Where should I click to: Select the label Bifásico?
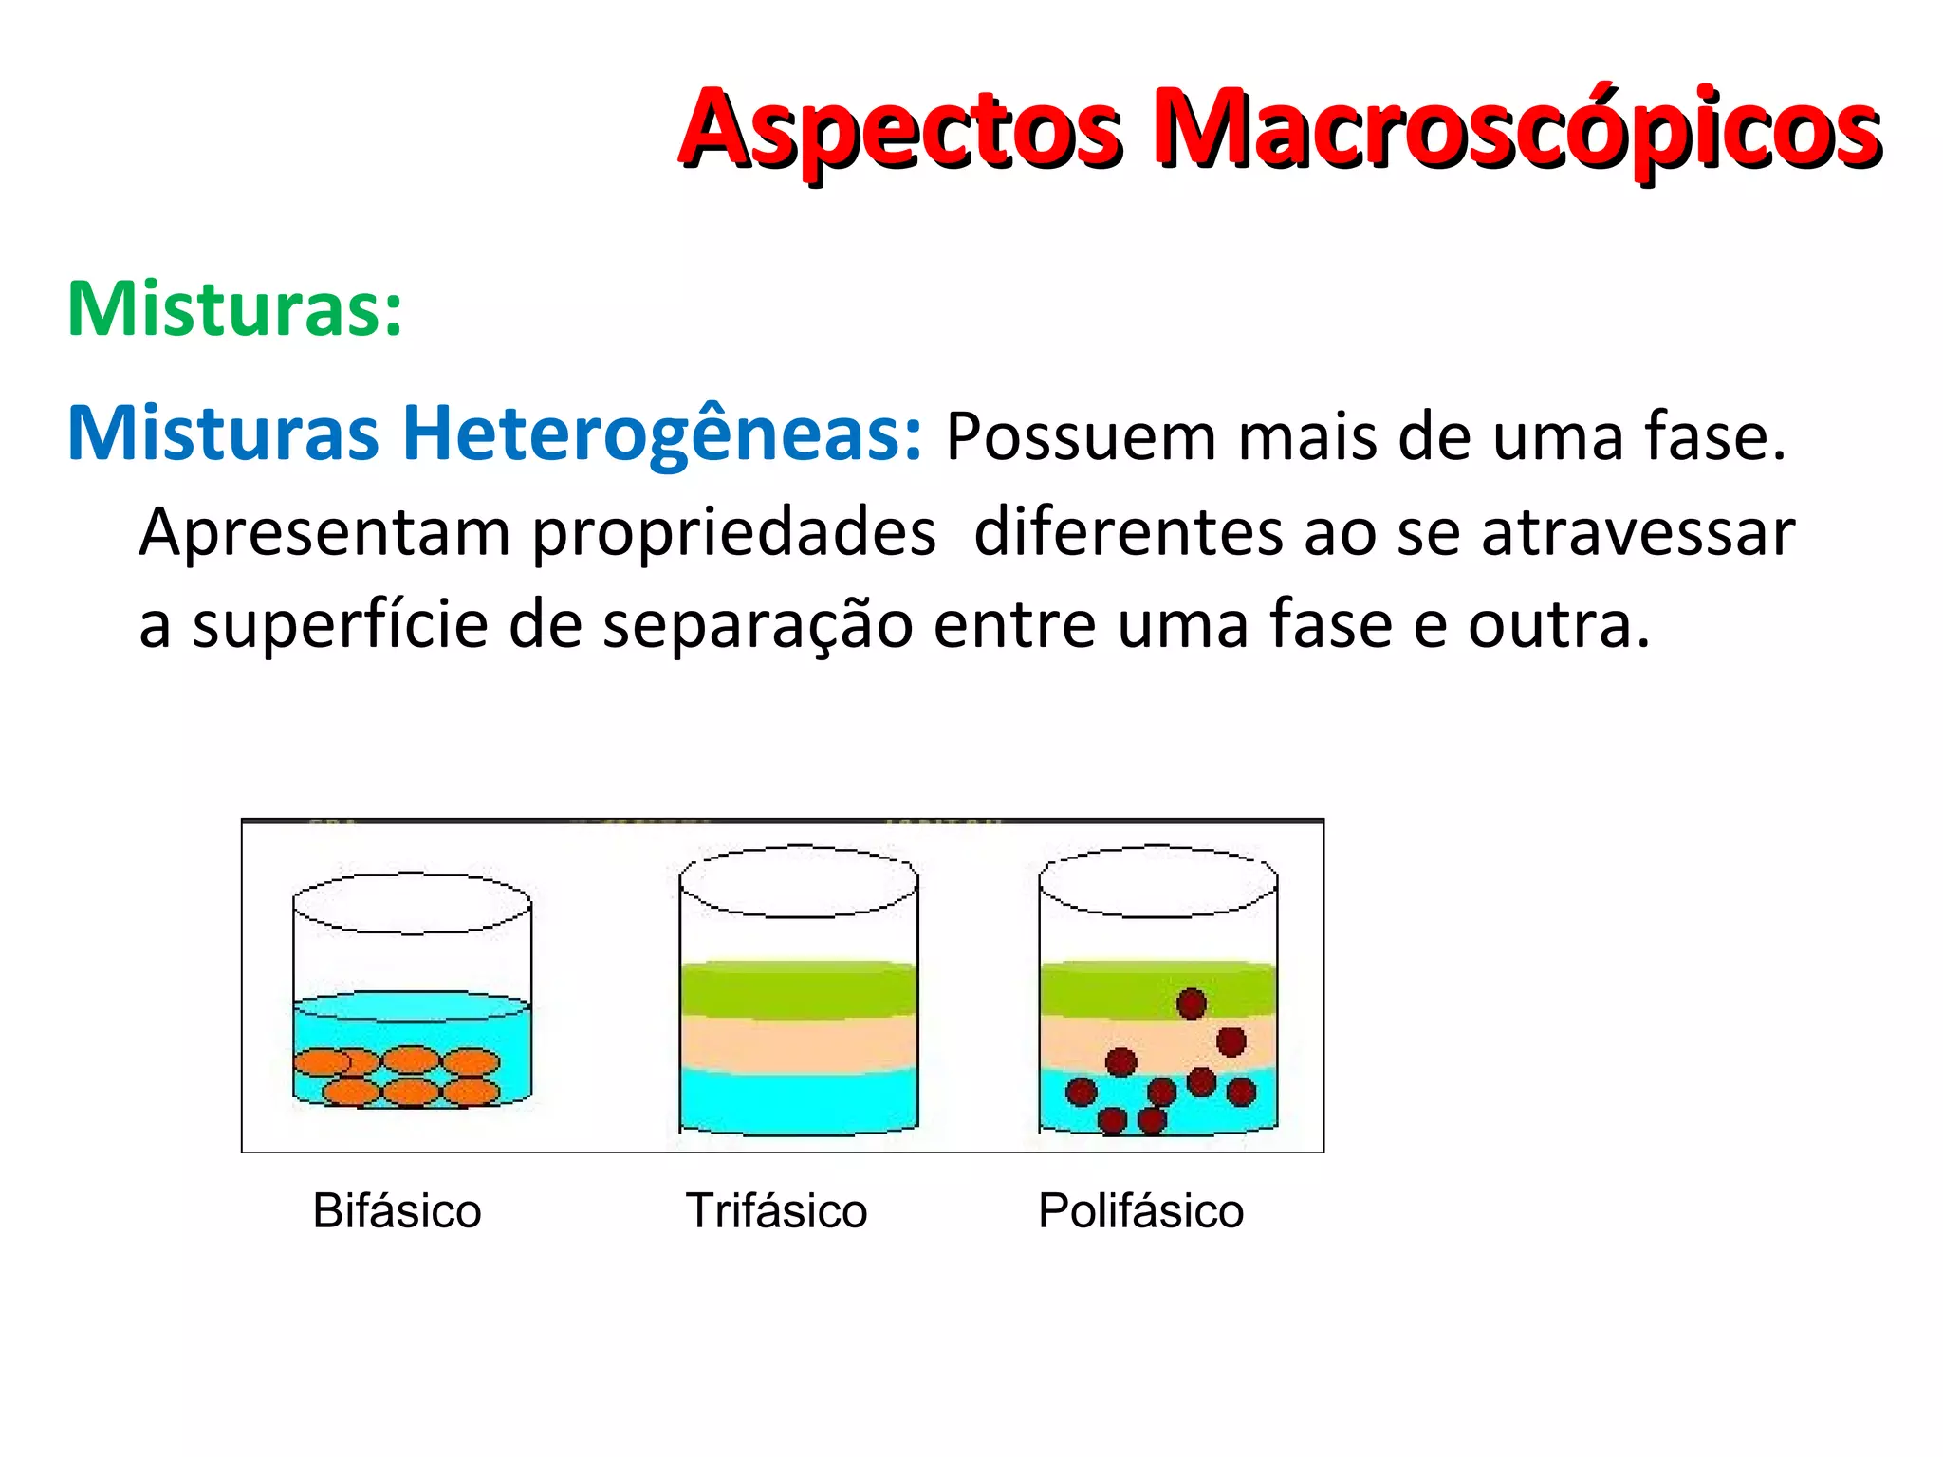(397, 1211)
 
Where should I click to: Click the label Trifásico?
(776, 1211)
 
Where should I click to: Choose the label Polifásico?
(1140, 1211)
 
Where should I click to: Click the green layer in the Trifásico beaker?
(799, 989)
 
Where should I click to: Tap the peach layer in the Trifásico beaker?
(799, 1043)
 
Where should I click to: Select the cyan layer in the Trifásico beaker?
(799, 1100)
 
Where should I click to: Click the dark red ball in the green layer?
(1192, 1003)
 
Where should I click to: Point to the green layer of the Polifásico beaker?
(1101, 989)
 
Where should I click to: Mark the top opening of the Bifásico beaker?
(412, 903)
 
